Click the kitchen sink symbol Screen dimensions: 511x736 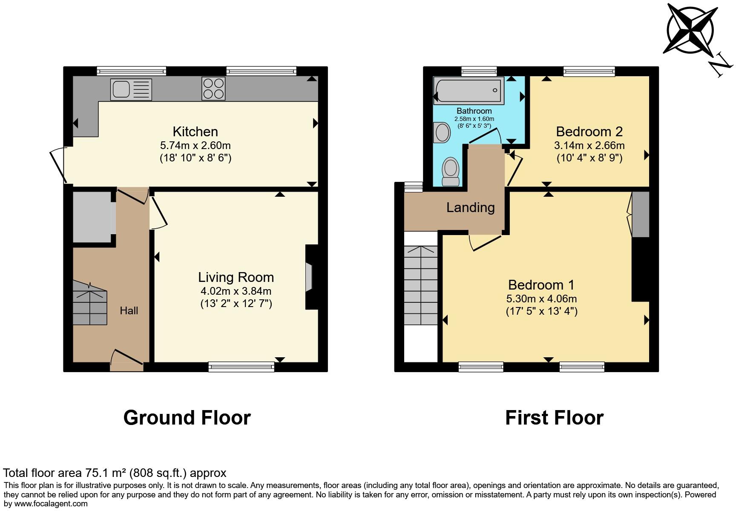click(x=131, y=89)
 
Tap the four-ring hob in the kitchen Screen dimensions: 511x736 click(x=213, y=88)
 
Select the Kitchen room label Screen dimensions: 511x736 click(x=195, y=132)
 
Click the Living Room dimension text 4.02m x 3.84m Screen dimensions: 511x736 click(x=236, y=291)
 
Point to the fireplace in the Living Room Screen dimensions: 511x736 click(x=310, y=277)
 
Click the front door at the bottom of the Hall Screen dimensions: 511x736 click(x=127, y=360)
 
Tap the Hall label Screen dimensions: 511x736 click(x=129, y=310)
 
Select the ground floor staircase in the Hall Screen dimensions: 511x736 click(x=89, y=303)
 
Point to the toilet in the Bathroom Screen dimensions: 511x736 click(x=451, y=172)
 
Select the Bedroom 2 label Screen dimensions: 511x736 click(x=589, y=131)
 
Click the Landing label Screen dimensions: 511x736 click(x=470, y=207)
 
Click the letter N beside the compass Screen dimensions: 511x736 click(x=721, y=64)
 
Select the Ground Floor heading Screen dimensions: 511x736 click(x=187, y=418)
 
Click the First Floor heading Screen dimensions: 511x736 click(x=554, y=418)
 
